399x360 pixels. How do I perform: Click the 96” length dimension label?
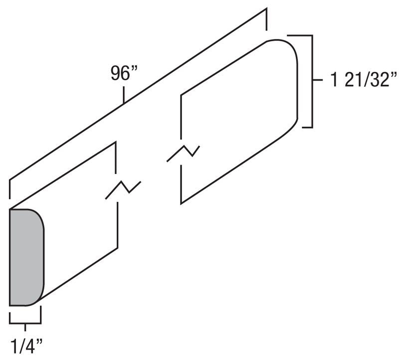(x=124, y=73)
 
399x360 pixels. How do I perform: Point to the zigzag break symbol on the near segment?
(x=123, y=189)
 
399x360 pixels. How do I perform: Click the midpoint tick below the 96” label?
(x=124, y=96)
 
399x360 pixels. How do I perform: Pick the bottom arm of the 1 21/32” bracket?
(x=304, y=127)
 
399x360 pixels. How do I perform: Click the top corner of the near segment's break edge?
(x=117, y=143)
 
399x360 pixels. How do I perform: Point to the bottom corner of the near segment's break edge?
(x=117, y=247)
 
